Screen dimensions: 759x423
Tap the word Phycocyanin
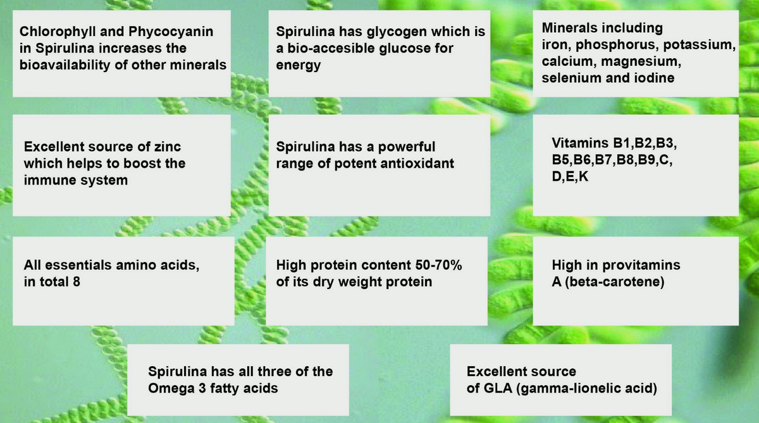click(x=171, y=32)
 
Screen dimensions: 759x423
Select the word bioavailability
click(x=65, y=65)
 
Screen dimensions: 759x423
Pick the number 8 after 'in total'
click(x=77, y=282)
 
